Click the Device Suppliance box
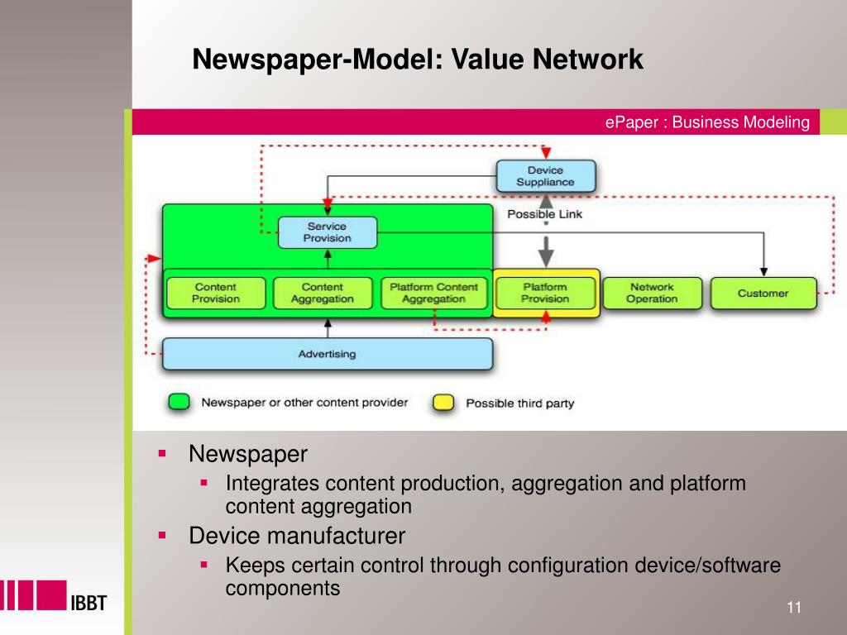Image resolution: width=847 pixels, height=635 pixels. pyautogui.click(x=545, y=176)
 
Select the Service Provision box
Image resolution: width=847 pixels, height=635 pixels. pyautogui.click(x=327, y=232)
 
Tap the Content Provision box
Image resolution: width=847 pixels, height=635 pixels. pyautogui.click(x=216, y=293)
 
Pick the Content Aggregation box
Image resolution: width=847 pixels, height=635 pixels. pyautogui.click(x=322, y=293)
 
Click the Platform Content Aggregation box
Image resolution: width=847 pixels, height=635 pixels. pyautogui.click(x=434, y=293)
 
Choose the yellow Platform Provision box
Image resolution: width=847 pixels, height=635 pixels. pyautogui.click(x=545, y=293)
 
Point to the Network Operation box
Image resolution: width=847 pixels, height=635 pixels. pyautogui.click(x=652, y=293)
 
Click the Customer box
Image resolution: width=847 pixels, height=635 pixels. pyautogui.click(x=763, y=293)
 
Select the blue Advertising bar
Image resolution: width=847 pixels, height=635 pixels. pyautogui.click(x=327, y=354)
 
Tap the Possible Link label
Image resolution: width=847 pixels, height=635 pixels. pyautogui.click(x=544, y=214)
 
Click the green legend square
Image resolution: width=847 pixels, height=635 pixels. pyautogui.click(x=179, y=403)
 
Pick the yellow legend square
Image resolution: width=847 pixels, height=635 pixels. pyautogui.click(x=444, y=403)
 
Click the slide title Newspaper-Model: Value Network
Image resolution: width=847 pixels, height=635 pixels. pyautogui.click(x=418, y=60)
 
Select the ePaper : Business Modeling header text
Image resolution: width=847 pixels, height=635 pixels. pyautogui.click(x=706, y=122)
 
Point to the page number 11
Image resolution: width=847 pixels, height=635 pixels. pyautogui.click(x=794, y=608)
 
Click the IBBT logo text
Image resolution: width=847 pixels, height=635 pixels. pyautogui.click(x=86, y=602)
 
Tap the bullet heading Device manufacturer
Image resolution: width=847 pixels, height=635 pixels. pyautogui.click(x=297, y=536)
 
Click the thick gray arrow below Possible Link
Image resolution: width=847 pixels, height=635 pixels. pyautogui.click(x=545, y=246)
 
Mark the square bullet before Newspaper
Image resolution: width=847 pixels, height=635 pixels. pyautogui.click(x=163, y=454)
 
